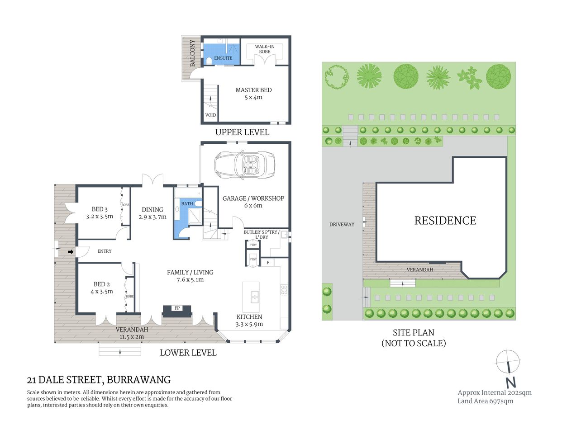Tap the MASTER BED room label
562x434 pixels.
pos(253,94)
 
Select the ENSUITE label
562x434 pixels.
pos(223,58)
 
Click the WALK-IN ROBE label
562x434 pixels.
pos(265,49)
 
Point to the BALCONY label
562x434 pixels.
pos(192,53)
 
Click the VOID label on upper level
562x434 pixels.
pos(210,115)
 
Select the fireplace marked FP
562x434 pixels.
pos(177,308)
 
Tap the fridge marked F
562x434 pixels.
pos(268,263)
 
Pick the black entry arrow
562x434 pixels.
pos(71,252)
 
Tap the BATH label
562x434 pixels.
pos(187,204)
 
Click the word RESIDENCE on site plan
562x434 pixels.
pos(445,221)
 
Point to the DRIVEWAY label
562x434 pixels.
pos(342,224)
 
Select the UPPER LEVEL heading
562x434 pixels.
pos(242,132)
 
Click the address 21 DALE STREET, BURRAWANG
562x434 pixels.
pos(99,380)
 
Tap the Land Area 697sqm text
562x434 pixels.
pos(485,401)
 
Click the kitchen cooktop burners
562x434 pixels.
pos(284,290)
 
